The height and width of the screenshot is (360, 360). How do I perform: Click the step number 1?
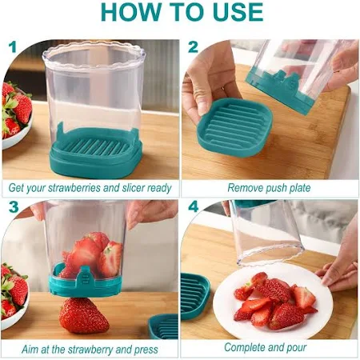12,47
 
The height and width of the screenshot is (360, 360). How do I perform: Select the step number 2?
193,47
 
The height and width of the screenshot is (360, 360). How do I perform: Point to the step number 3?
14,207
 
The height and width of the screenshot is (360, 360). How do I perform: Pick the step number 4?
194,206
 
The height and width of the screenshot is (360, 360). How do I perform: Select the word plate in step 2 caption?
300,188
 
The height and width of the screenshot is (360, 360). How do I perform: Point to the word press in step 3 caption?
146,350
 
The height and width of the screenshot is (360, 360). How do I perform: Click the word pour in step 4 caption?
297,348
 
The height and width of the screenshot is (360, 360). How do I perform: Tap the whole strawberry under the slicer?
83,315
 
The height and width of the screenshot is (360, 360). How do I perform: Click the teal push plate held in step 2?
234,127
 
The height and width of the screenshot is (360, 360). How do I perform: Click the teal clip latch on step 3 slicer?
85,278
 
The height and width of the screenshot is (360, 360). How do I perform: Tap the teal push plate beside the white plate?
195,296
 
